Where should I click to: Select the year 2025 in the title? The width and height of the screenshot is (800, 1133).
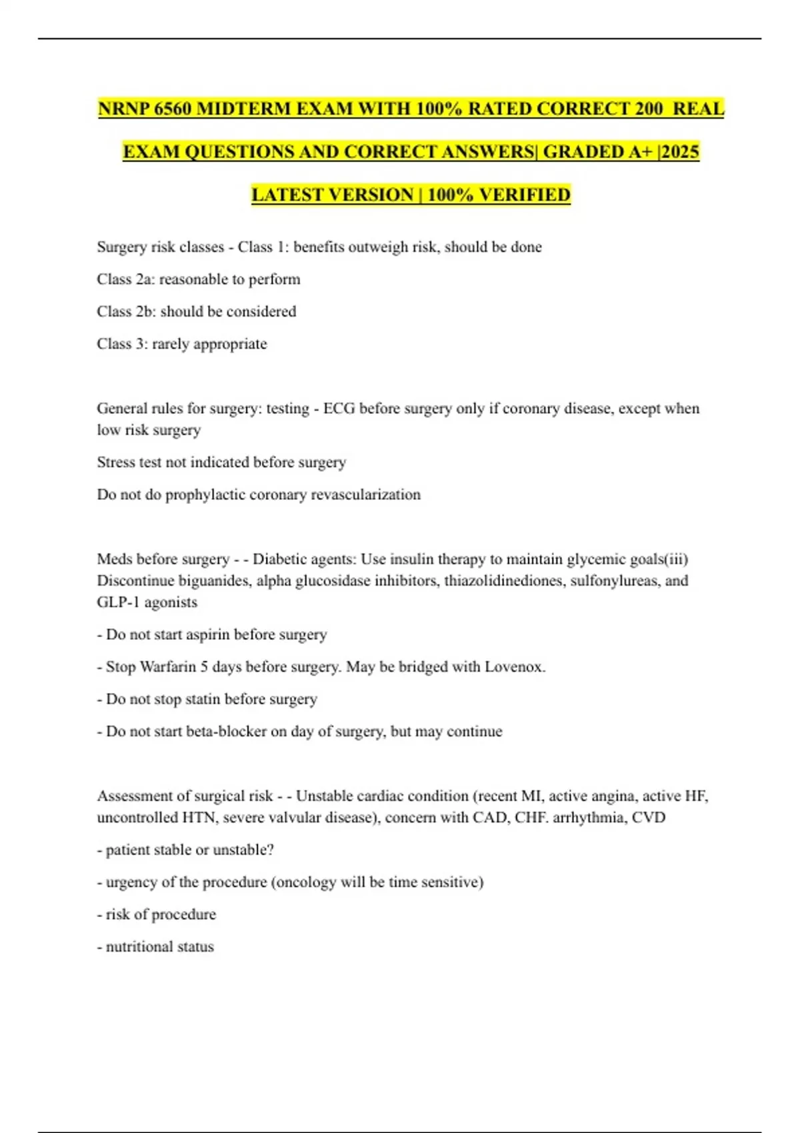click(681, 152)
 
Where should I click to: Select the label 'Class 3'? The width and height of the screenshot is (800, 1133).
click(120, 344)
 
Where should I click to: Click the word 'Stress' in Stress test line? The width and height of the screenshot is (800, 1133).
click(115, 463)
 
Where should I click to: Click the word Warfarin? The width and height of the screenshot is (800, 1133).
click(169, 667)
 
